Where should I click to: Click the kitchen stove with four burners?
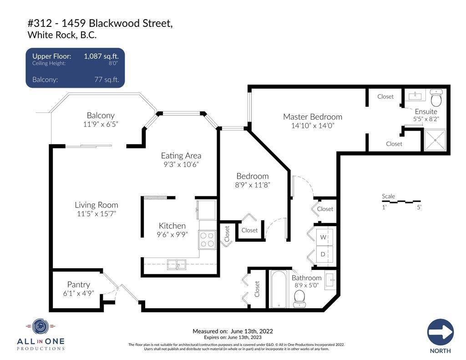click(x=208, y=240)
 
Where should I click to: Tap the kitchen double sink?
click(x=177, y=264)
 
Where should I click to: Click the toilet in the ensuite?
click(x=436, y=98)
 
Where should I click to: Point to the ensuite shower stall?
click(x=435, y=140)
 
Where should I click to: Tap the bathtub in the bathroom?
click(x=279, y=289)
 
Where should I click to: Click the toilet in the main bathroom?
click(x=299, y=299)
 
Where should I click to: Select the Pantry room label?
click(x=78, y=284)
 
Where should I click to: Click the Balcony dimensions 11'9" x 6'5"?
click(x=101, y=124)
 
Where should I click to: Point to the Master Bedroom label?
click(x=313, y=117)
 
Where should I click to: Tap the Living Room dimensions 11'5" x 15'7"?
click(x=96, y=214)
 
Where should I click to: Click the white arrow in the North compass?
click(x=441, y=332)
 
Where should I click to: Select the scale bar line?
click(x=401, y=202)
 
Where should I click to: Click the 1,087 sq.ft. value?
click(x=101, y=56)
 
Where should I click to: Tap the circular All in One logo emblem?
click(x=41, y=327)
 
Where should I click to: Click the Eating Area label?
click(x=181, y=156)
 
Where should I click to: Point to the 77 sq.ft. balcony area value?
click(x=106, y=80)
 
